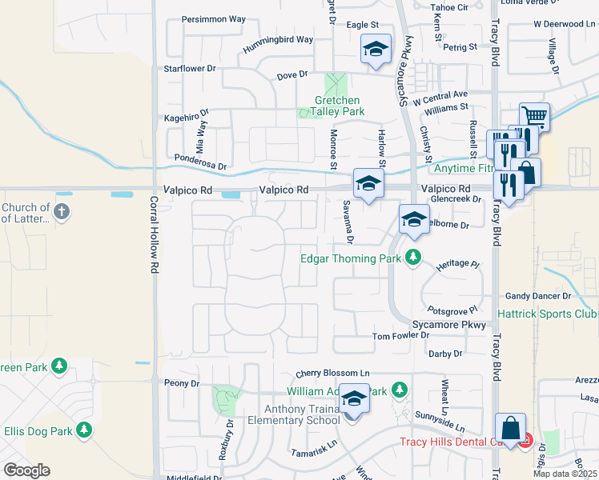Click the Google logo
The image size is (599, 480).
[26, 470]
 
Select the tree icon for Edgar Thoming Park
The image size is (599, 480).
[413, 258]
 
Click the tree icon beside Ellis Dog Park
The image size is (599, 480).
[84, 431]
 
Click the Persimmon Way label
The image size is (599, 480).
[214, 18]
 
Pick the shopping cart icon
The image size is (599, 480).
[534, 118]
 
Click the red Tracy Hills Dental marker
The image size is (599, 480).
[525, 439]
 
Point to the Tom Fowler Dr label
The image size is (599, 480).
[406, 337]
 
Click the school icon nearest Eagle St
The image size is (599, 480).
[376, 50]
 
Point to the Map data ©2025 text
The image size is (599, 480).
[565, 474]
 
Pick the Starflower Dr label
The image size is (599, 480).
[190, 69]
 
